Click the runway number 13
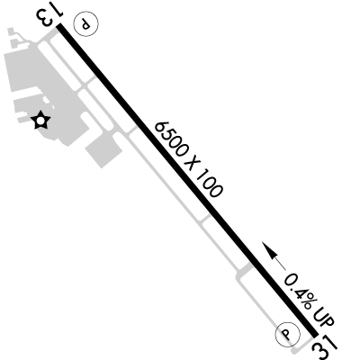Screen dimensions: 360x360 click(x=49, y=16)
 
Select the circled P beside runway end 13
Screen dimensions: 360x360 click(x=86, y=23)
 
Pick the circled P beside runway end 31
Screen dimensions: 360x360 click(x=287, y=334)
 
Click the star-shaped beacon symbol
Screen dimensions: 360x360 click(x=40, y=121)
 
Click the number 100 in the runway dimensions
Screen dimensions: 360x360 click(x=210, y=184)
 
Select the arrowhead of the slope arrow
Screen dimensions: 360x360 click(x=269, y=249)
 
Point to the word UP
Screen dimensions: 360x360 click(x=324, y=318)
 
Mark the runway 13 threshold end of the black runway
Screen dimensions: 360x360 click(x=59, y=26)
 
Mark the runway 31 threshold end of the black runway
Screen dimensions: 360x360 click(x=315, y=335)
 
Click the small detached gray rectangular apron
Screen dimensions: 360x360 click(x=103, y=150)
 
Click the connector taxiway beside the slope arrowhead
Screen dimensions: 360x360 click(x=247, y=268)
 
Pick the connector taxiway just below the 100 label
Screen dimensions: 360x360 click(x=205, y=219)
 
